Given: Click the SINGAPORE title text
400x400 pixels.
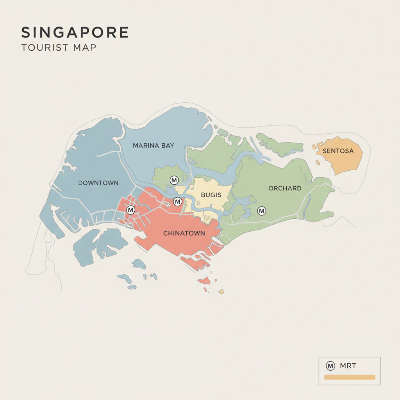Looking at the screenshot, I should [x=75, y=32].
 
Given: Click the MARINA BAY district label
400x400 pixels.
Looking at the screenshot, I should [x=153, y=145].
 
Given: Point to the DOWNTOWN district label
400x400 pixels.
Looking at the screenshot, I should [x=98, y=183].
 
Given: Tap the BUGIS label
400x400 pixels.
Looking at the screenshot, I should [x=211, y=195].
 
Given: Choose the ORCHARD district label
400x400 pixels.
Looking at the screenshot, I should [x=285, y=188].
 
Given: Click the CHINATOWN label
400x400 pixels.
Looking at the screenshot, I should [x=184, y=234].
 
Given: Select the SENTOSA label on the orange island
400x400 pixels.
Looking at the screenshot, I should [x=338, y=151].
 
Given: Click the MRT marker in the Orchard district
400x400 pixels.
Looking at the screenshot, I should [x=262, y=211].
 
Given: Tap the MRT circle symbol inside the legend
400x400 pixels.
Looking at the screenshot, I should [x=330, y=366].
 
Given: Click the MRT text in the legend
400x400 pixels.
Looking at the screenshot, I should [x=348, y=366].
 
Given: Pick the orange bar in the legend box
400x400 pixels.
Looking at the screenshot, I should [x=349, y=377].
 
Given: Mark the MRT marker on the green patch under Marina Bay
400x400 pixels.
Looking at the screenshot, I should [x=174, y=180].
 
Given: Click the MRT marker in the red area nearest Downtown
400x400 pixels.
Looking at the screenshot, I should [x=131, y=210].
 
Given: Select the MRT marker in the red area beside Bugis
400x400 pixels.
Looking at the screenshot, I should [x=177, y=202].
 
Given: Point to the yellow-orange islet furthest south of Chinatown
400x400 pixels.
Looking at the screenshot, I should [x=221, y=291].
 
